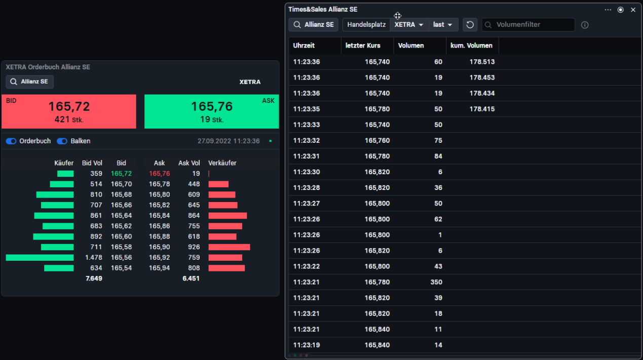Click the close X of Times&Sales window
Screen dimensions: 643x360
633,10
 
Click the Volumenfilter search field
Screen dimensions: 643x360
528,25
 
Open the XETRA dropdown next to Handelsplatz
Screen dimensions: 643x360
409,25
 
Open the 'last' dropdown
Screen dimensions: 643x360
443,25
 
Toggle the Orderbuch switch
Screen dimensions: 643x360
11,141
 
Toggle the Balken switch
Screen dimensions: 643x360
62,141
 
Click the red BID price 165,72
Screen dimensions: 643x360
69,107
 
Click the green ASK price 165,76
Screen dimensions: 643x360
212,107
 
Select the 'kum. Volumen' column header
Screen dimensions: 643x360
471,46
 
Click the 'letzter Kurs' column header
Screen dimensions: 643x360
363,46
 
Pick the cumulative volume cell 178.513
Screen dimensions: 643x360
482,62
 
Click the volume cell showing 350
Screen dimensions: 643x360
436,282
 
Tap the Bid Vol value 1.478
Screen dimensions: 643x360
94,258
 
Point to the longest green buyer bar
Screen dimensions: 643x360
40,258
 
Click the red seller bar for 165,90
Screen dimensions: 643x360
229,247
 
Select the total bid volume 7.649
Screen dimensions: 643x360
94,278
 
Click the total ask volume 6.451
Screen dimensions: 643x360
191,278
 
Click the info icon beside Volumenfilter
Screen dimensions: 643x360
585,25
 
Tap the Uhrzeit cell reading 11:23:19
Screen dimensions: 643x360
307,345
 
